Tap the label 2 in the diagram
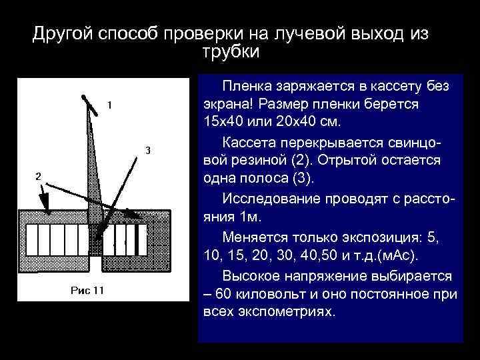coord(38,175)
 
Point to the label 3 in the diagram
coord(148,149)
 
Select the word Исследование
coord(268,199)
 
